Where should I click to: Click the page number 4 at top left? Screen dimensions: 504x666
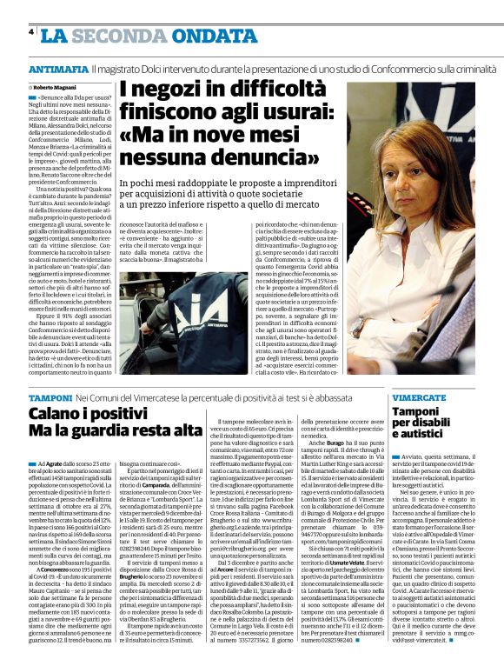point(30,33)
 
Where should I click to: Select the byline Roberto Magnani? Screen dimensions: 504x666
point(54,88)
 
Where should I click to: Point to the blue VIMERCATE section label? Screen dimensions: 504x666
point(424,396)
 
